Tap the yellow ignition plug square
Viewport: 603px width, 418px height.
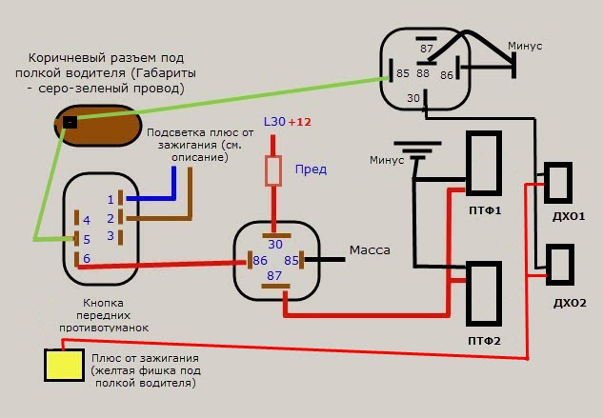pyautogui.click(x=63, y=366)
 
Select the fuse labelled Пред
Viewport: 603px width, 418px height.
pyautogui.click(x=274, y=171)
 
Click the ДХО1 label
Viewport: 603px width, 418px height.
pyautogui.click(x=569, y=217)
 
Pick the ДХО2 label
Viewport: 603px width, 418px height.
pyautogui.click(x=570, y=303)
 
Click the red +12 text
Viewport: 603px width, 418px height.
pyautogui.click(x=299, y=123)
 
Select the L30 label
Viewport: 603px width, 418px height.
pyautogui.click(x=272, y=123)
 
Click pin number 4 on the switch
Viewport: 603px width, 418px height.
pyautogui.click(x=86, y=220)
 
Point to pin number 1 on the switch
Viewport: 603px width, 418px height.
pyautogui.click(x=111, y=199)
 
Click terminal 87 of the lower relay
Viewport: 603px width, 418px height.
pyautogui.click(x=274, y=275)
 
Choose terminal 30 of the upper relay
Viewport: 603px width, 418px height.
pyautogui.click(x=412, y=98)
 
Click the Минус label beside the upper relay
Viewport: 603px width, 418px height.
pyautogui.click(x=527, y=45)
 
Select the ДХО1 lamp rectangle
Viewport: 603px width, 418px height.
pyautogui.click(x=556, y=183)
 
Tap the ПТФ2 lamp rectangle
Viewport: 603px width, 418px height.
pyautogui.click(x=484, y=294)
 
